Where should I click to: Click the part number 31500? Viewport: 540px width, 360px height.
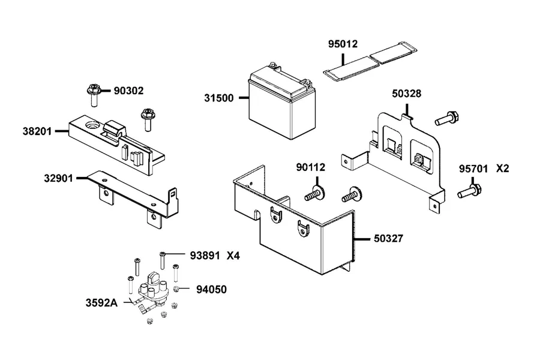click(x=219, y=98)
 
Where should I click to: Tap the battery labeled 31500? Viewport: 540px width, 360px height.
click(x=282, y=101)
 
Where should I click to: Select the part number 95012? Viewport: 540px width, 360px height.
click(x=343, y=44)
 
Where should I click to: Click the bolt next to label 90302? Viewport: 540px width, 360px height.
click(x=93, y=95)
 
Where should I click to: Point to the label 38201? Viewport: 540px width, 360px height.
click(x=37, y=131)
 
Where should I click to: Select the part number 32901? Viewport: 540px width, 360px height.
click(x=59, y=178)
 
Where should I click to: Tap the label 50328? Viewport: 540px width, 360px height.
click(x=406, y=94)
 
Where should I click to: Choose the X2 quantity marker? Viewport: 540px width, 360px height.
click(x=502, y=169)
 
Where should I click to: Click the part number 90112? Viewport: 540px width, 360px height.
click(x=311, y=167)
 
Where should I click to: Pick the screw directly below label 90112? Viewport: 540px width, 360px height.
click(x=314, y=194)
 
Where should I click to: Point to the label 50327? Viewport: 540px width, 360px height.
click(x=388, y=238)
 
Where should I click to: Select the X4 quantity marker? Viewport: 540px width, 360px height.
click(x=233, y=256)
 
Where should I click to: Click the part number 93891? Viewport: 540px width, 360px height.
click(x=205, y=256)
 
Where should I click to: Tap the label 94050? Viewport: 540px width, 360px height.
click(x=211, y=290)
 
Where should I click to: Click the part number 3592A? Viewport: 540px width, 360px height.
click(x=101, y=303)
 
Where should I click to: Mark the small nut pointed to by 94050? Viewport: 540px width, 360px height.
click(x=176, y=289)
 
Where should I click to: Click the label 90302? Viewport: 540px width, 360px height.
click(x=128, y=91)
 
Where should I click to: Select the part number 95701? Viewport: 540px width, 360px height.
click(x=473, y=169)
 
